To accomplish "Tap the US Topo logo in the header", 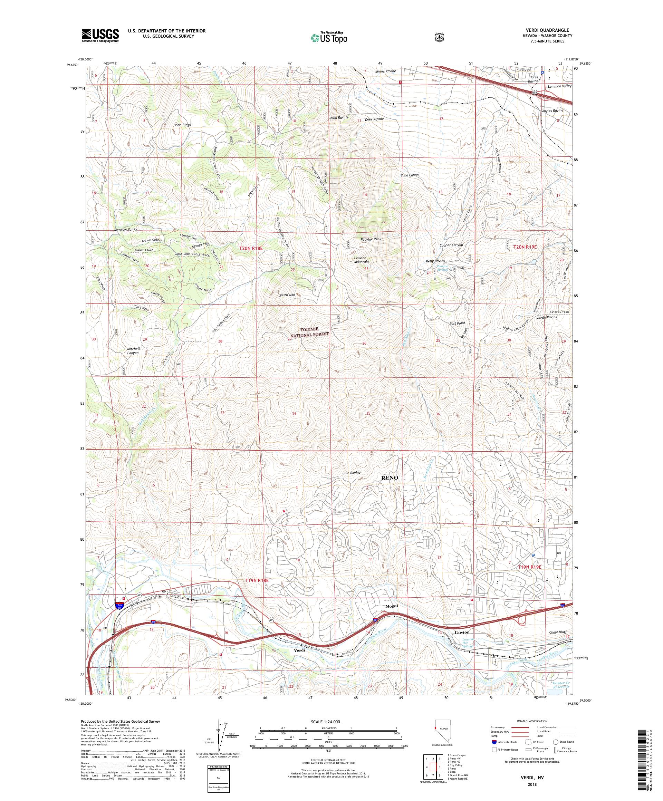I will click(329, 37).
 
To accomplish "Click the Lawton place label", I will click(463, 632).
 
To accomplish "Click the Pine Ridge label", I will click(183, 125).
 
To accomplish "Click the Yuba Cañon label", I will click(410, 175).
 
